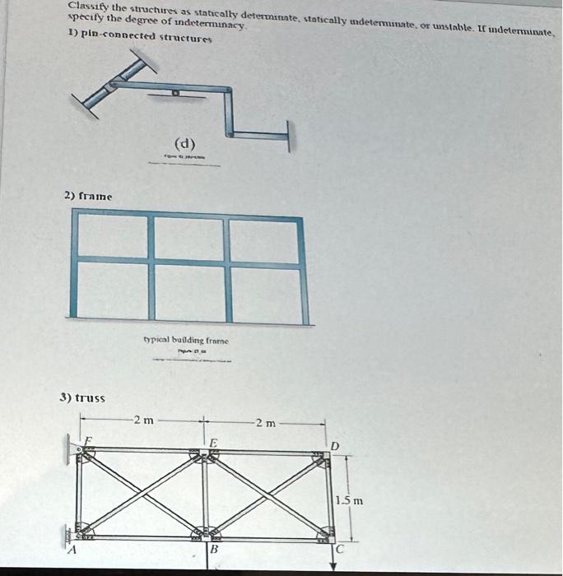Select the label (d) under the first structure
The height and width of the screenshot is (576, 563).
coord(184,144)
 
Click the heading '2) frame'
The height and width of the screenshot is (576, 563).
coord(88,196)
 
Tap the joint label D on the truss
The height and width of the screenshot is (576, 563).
coord(333,445)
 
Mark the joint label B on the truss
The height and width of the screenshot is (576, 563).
coord(214,549)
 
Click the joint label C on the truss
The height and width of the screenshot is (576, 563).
coord(339,549)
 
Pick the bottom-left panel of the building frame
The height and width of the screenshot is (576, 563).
coord(114,293)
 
